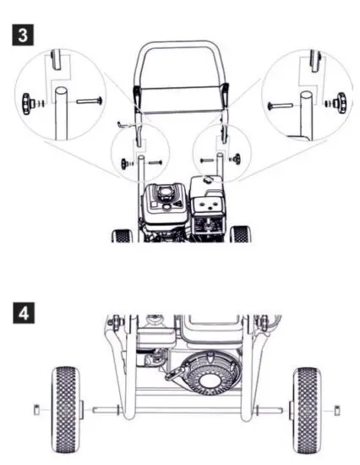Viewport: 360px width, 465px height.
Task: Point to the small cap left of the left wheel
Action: (35, 411)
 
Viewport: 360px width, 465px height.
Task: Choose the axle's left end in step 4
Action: (93, 412)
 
